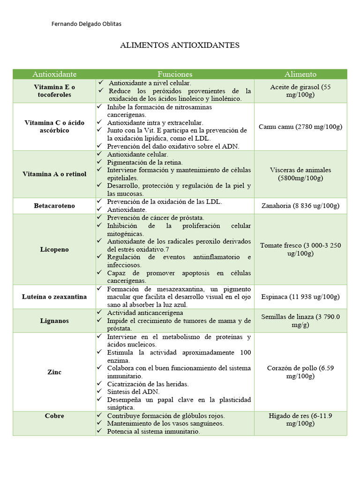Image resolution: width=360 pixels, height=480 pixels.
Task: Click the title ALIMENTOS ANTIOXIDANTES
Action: tap(180, 45)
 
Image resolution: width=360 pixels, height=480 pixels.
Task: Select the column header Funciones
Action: tap(175, 74)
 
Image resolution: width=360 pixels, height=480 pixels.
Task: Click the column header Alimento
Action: tap(300, 74)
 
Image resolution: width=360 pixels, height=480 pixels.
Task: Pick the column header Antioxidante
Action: tap(54, 74)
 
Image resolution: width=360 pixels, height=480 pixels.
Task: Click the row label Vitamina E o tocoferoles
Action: tap(54, 91)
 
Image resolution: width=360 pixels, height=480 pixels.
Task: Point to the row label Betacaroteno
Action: tap(54, 206)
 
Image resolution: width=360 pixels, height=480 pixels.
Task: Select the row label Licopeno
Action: tap(54, 249)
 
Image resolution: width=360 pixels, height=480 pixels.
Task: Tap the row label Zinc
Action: tap(54, 372)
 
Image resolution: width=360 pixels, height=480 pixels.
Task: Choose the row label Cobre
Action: tap(54, 416)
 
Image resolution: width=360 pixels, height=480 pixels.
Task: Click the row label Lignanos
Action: tap(54, 321)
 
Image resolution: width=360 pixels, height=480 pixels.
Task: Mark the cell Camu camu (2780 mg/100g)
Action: tap(300, 127)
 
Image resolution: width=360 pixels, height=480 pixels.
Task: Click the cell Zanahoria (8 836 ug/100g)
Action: tap(300, 206)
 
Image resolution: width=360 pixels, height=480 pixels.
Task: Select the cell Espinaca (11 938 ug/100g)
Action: tap(300, 297)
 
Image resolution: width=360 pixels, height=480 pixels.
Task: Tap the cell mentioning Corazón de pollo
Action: tap(300, 372)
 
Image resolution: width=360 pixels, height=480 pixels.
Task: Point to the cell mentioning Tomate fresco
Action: tap(300, 249)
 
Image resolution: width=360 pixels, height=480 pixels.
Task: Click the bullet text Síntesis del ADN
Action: tap(134, 391)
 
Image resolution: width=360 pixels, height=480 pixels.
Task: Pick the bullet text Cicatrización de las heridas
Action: tap(148, 384)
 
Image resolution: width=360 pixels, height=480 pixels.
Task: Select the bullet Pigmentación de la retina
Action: tap(145, 162)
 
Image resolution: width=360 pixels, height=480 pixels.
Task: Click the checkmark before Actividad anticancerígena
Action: tap(99, 312)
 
